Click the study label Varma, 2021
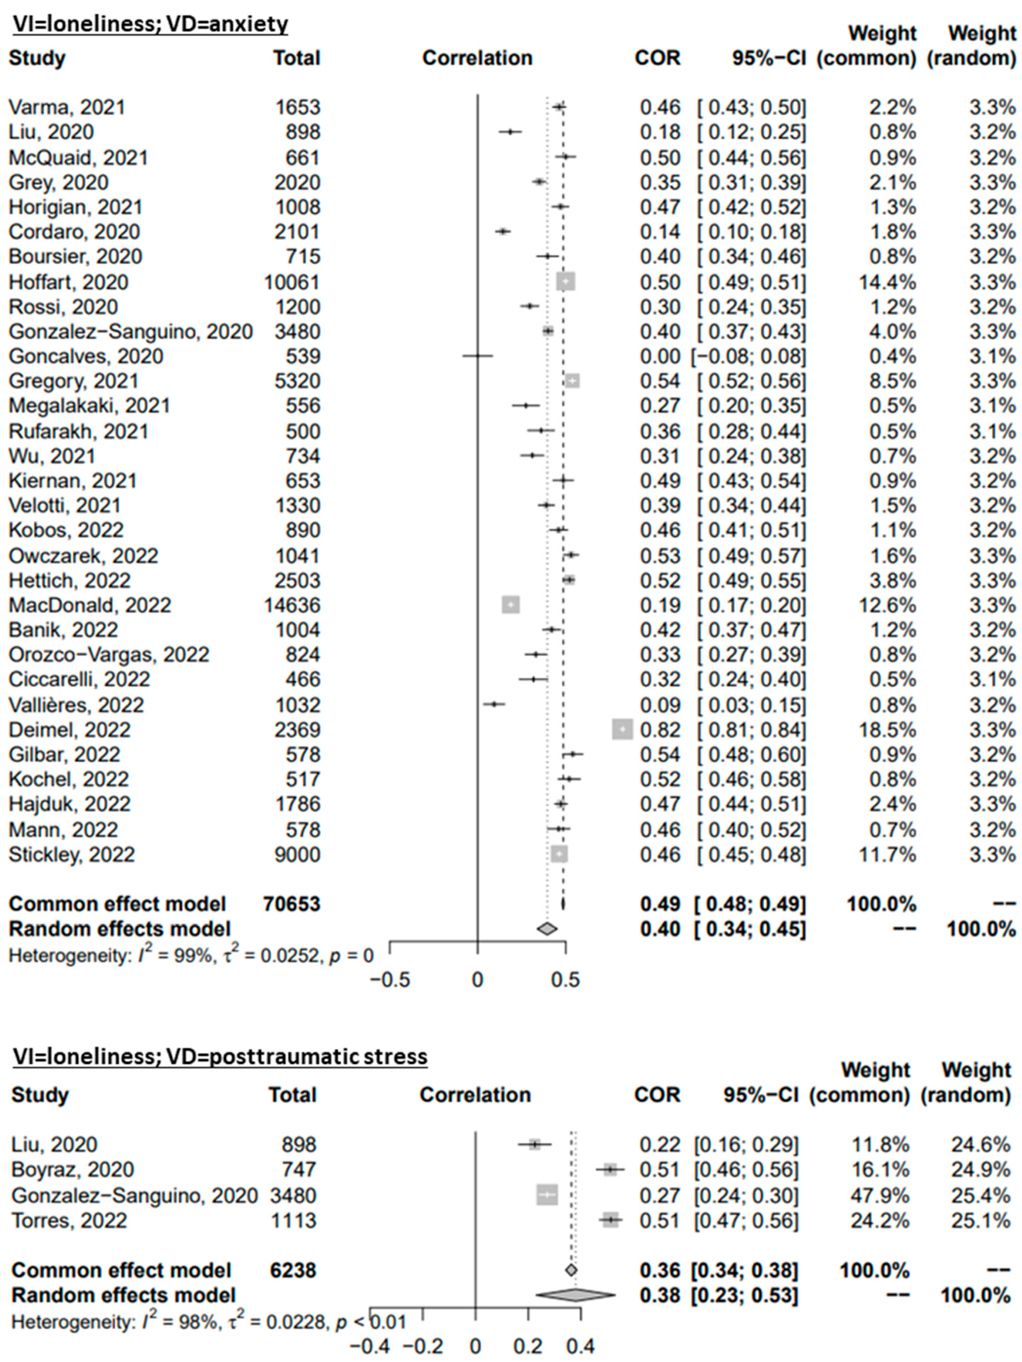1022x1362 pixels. [x=66, y=107]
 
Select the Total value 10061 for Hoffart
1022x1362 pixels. [x=292, y=282]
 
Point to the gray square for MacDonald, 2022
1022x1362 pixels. [x=511, y=605]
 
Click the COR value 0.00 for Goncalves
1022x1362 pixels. [x=660, y=356]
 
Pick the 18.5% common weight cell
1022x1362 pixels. [x=887, y=730]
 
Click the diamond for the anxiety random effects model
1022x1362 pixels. [x=547, y=928]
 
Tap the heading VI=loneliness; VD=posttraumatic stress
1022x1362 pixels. [x=220, y=1057]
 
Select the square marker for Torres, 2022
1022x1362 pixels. [x=610, y=1220]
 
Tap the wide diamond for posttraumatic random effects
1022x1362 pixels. [x=575, y=1295]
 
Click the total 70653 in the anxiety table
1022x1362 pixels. [x=292, y=903]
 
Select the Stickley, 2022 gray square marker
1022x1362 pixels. [x=559, y=854]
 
